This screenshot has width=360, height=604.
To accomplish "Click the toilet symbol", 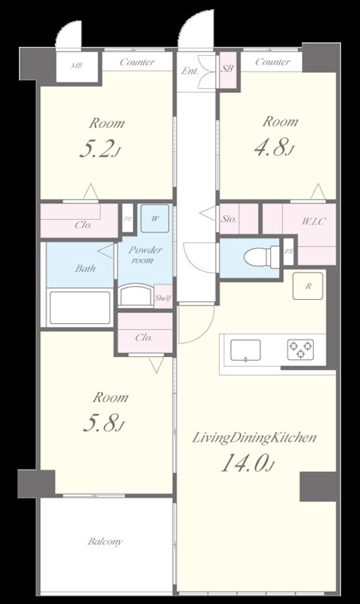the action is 261,257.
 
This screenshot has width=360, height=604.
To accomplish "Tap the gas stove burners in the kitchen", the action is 300,350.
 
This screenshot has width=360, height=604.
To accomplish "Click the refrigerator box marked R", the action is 308,286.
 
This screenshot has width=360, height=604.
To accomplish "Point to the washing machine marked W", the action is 155,218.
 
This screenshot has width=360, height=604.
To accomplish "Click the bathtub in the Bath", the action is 80,308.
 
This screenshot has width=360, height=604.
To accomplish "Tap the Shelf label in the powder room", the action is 163,297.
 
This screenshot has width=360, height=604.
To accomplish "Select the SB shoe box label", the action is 226,69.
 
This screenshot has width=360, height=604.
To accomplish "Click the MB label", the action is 77,66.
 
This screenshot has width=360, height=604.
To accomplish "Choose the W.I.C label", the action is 313,221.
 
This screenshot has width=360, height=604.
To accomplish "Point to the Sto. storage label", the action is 229,219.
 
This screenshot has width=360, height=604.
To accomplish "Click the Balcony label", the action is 105,541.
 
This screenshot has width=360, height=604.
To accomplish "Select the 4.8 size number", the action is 271,147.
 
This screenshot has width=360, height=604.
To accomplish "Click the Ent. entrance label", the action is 190,71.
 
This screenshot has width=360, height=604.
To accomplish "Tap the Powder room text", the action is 145,254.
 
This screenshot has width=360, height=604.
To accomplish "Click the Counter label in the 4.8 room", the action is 272,62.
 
